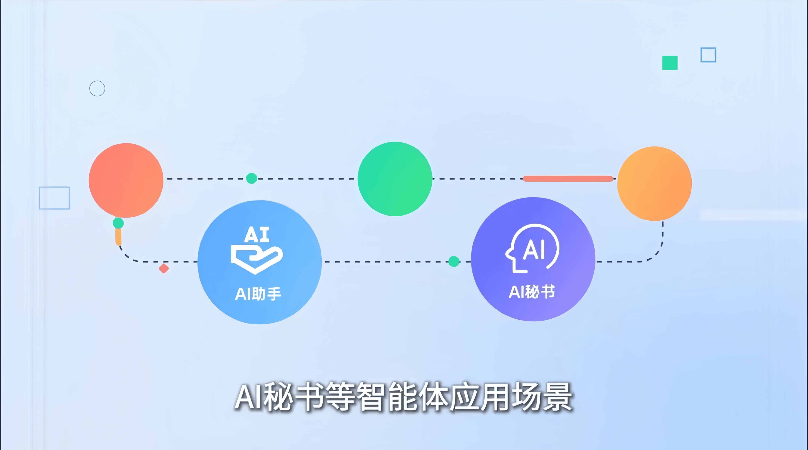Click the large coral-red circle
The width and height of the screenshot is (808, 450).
point(126,181)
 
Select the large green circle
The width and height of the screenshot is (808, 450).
point(395,179)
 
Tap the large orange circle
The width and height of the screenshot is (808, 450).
point(655,184)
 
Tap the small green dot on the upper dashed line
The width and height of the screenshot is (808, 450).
point(252,178)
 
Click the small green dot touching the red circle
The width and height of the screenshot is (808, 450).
point(118,223)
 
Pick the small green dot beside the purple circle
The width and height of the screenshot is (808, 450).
point(454,261)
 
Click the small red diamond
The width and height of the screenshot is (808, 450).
point(164,269)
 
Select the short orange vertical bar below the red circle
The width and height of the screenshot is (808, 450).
point(118,237)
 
